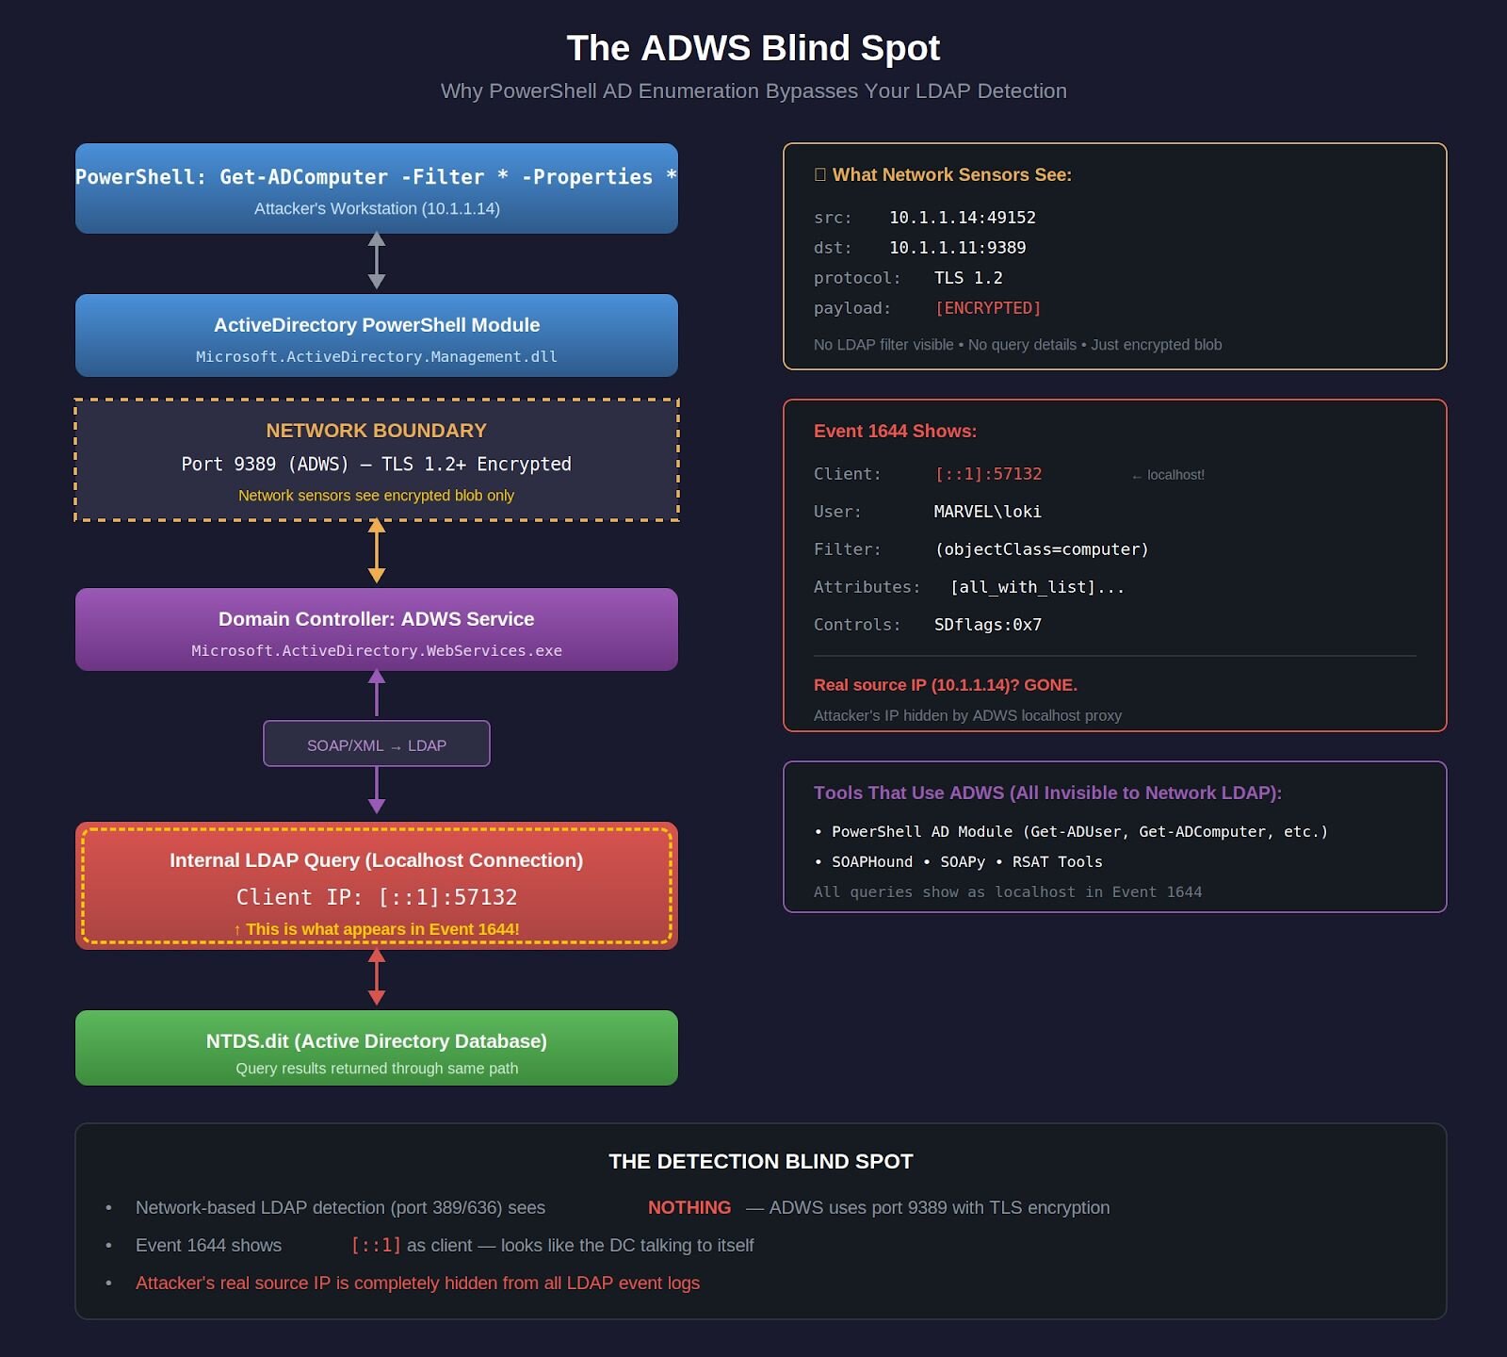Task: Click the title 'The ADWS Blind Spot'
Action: click(x=753, y=48)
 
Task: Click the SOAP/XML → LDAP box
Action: click(x=377, y=744)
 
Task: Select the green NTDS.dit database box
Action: click(x=377, y=1048)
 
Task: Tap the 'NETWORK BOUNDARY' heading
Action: click(x=377, y=431)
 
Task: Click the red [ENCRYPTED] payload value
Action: click(x=988, y=308)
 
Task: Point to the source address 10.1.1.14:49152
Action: click(x=962, y=218)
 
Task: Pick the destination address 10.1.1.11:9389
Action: click(x=957, y=248)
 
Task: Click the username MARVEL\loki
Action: click(x=987, y=512)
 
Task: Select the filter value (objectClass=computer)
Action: click(x=1041, y=549)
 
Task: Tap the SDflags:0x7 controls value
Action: click(x=987, y=625)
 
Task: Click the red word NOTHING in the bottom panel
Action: click(x=689, y=1207)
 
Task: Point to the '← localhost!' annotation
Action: click(x=1168, y=475)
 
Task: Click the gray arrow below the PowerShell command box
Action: click(x=377, y=260)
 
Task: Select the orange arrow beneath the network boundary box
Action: click(x=377, y=551)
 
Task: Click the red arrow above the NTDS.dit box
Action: click(x=377, y=976)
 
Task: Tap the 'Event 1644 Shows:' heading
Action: click(x=895, y=431)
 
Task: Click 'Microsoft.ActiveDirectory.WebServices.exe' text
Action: click(x=377, y=651)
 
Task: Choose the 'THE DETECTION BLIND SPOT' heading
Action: click(x=761, y=1161)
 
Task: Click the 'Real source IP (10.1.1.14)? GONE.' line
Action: click(x=945, y=685)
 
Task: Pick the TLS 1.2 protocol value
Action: click(x=967, y=278)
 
